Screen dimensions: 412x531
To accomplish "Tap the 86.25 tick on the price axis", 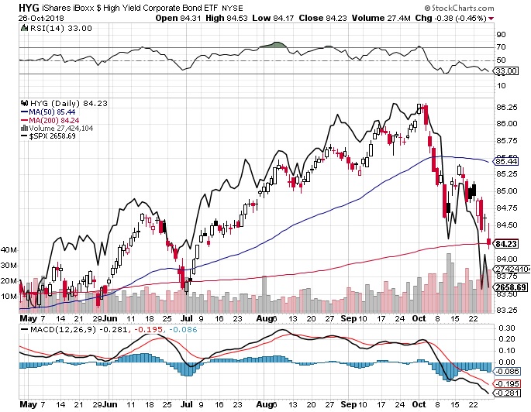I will (507, 107).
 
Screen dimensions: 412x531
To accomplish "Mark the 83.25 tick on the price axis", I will (507, 310).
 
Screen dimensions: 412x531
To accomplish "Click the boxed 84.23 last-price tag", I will (507, 243).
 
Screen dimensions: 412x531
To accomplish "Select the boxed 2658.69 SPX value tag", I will (512, 287).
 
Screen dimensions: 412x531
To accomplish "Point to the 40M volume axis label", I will (9, 251).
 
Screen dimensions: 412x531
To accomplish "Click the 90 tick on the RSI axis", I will (502, 34).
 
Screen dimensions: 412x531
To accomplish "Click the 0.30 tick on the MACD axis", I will (505, 328).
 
